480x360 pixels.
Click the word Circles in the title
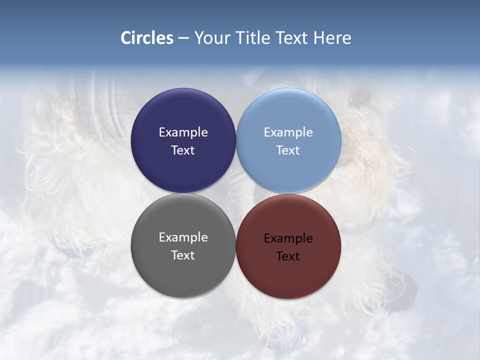pos(147,38)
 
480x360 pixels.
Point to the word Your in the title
pos(212,38)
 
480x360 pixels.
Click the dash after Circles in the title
pos(183,38)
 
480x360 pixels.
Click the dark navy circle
pos(183,115)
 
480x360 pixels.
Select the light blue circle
pos(288,115)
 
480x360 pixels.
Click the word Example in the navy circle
pos(183,132)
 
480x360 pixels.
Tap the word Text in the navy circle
pos(183,150)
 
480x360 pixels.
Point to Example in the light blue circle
pos(288,132)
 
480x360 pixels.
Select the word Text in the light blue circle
pos(288,150)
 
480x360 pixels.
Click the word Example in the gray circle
pos(183,237)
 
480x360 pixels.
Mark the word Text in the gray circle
pos(183,255)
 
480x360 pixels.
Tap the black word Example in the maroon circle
pos(288,238)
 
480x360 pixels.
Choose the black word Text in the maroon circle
pos(288,256)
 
